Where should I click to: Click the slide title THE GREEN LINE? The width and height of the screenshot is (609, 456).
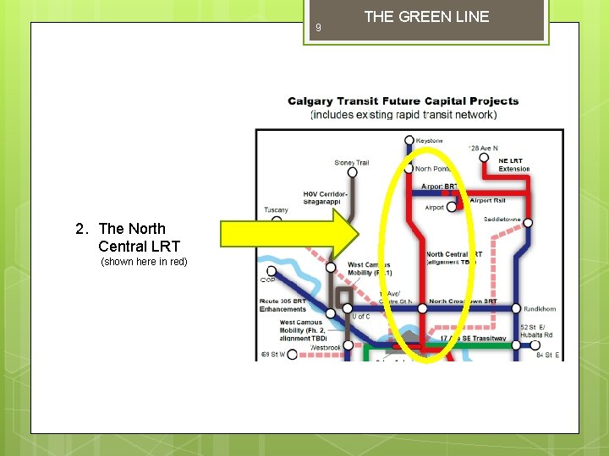(426, 17)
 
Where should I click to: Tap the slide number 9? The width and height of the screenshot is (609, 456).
(318, 28)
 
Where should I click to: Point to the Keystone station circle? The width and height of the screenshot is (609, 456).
(409, 140)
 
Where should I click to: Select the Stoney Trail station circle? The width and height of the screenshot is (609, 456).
(353, 172)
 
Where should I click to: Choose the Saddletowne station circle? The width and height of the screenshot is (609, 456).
(528, 223)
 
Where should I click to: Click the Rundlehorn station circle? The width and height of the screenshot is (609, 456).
(516, 308)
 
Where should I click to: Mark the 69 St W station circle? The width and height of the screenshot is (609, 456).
(293, 355)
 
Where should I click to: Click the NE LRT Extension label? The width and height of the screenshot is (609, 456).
(514, 165)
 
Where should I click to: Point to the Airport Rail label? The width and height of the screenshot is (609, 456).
(486, 201)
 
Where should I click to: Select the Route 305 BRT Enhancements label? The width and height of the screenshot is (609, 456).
(283, 305)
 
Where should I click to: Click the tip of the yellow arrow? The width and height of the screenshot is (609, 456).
(359, 234)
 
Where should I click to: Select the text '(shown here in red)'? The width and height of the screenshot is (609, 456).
(144, 262)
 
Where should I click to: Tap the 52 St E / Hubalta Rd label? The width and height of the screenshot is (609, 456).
(537, 330)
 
